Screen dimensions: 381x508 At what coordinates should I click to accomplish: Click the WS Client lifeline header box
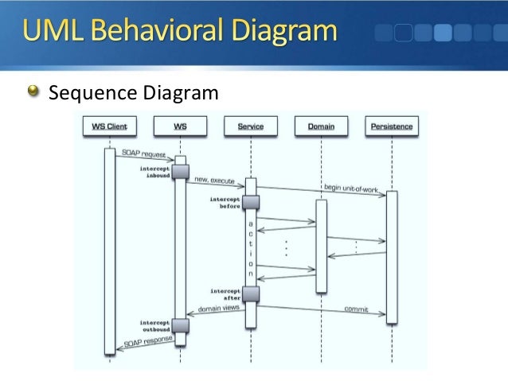click(109, 126)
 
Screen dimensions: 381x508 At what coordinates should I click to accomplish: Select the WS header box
click(180, 126)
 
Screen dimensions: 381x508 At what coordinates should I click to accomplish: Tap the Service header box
click(250, 126)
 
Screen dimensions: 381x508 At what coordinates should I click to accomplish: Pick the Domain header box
click(320, 126)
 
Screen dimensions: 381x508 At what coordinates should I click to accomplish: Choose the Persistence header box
click(391, 126)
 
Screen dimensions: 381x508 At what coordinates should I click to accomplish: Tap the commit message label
click(355, 309)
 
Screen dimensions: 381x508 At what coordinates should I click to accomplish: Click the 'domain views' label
click(218, 307)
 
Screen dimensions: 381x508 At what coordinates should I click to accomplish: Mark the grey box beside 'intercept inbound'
click(180, 172)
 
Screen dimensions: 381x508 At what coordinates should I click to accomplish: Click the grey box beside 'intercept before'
click(251, 203)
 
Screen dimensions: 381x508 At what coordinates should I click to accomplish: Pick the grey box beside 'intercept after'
click(251, 294)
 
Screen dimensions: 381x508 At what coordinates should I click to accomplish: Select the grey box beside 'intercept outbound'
click(180, 325)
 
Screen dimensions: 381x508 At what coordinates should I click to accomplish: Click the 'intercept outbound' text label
click(154, 326)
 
